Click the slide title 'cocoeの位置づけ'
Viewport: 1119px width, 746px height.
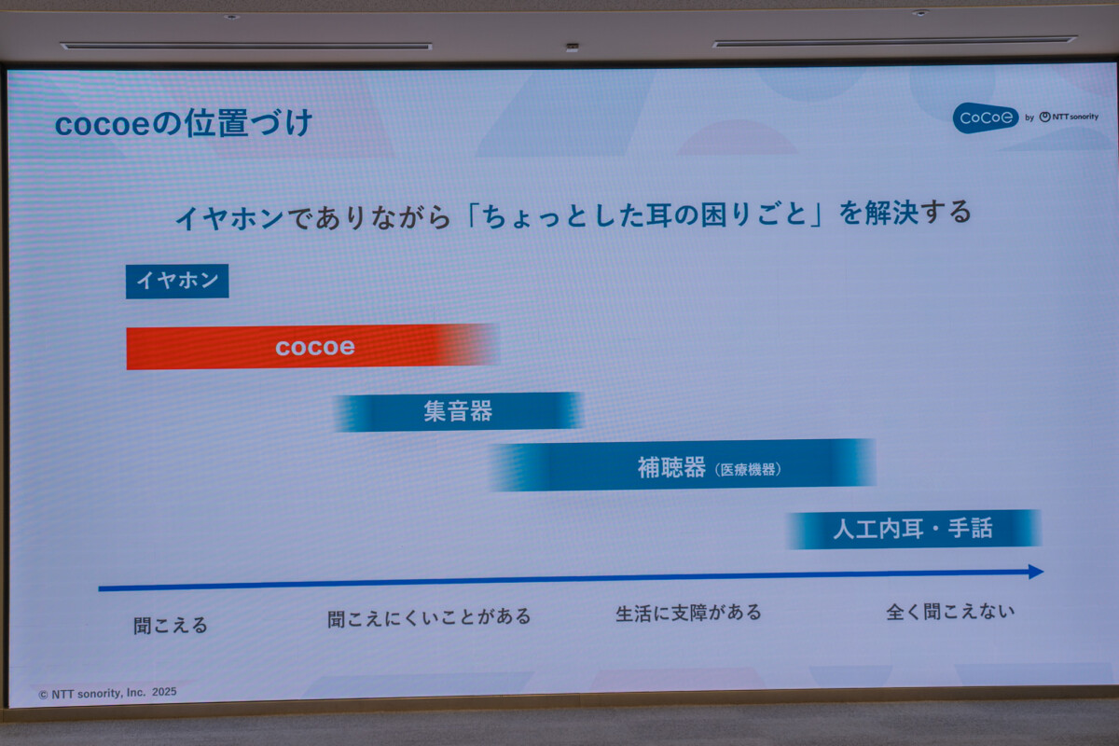pos(184,123)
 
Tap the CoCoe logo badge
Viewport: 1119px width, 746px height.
pos(985,117)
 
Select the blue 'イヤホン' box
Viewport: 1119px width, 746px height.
pos(177,282)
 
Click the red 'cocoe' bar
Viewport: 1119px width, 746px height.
pos(313,347)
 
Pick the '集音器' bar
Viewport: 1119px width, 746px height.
pos(458,411)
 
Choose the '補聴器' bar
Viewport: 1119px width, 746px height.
pos(683,465)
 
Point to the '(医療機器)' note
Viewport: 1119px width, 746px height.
pos(748,470)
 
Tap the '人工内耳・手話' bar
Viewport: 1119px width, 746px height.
pos(913,529)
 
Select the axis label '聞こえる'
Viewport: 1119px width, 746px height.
pos(171,625)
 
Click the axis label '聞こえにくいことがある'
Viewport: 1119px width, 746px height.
pos(429,617)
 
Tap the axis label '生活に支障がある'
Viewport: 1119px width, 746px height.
pos(688,613)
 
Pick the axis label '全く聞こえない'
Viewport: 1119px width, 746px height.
pos(950,612)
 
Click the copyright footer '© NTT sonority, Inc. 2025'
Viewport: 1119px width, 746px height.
pos(107,693)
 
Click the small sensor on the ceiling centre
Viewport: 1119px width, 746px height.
pos(572,48)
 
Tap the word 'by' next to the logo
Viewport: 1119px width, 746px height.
pos(1029,117)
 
